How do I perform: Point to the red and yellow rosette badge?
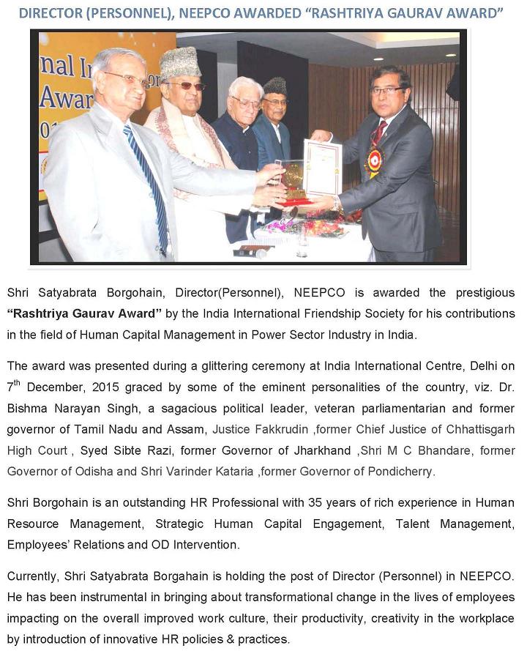point(374,160)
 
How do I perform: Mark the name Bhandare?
point(432,450)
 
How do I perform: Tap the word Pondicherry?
point(403,472)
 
